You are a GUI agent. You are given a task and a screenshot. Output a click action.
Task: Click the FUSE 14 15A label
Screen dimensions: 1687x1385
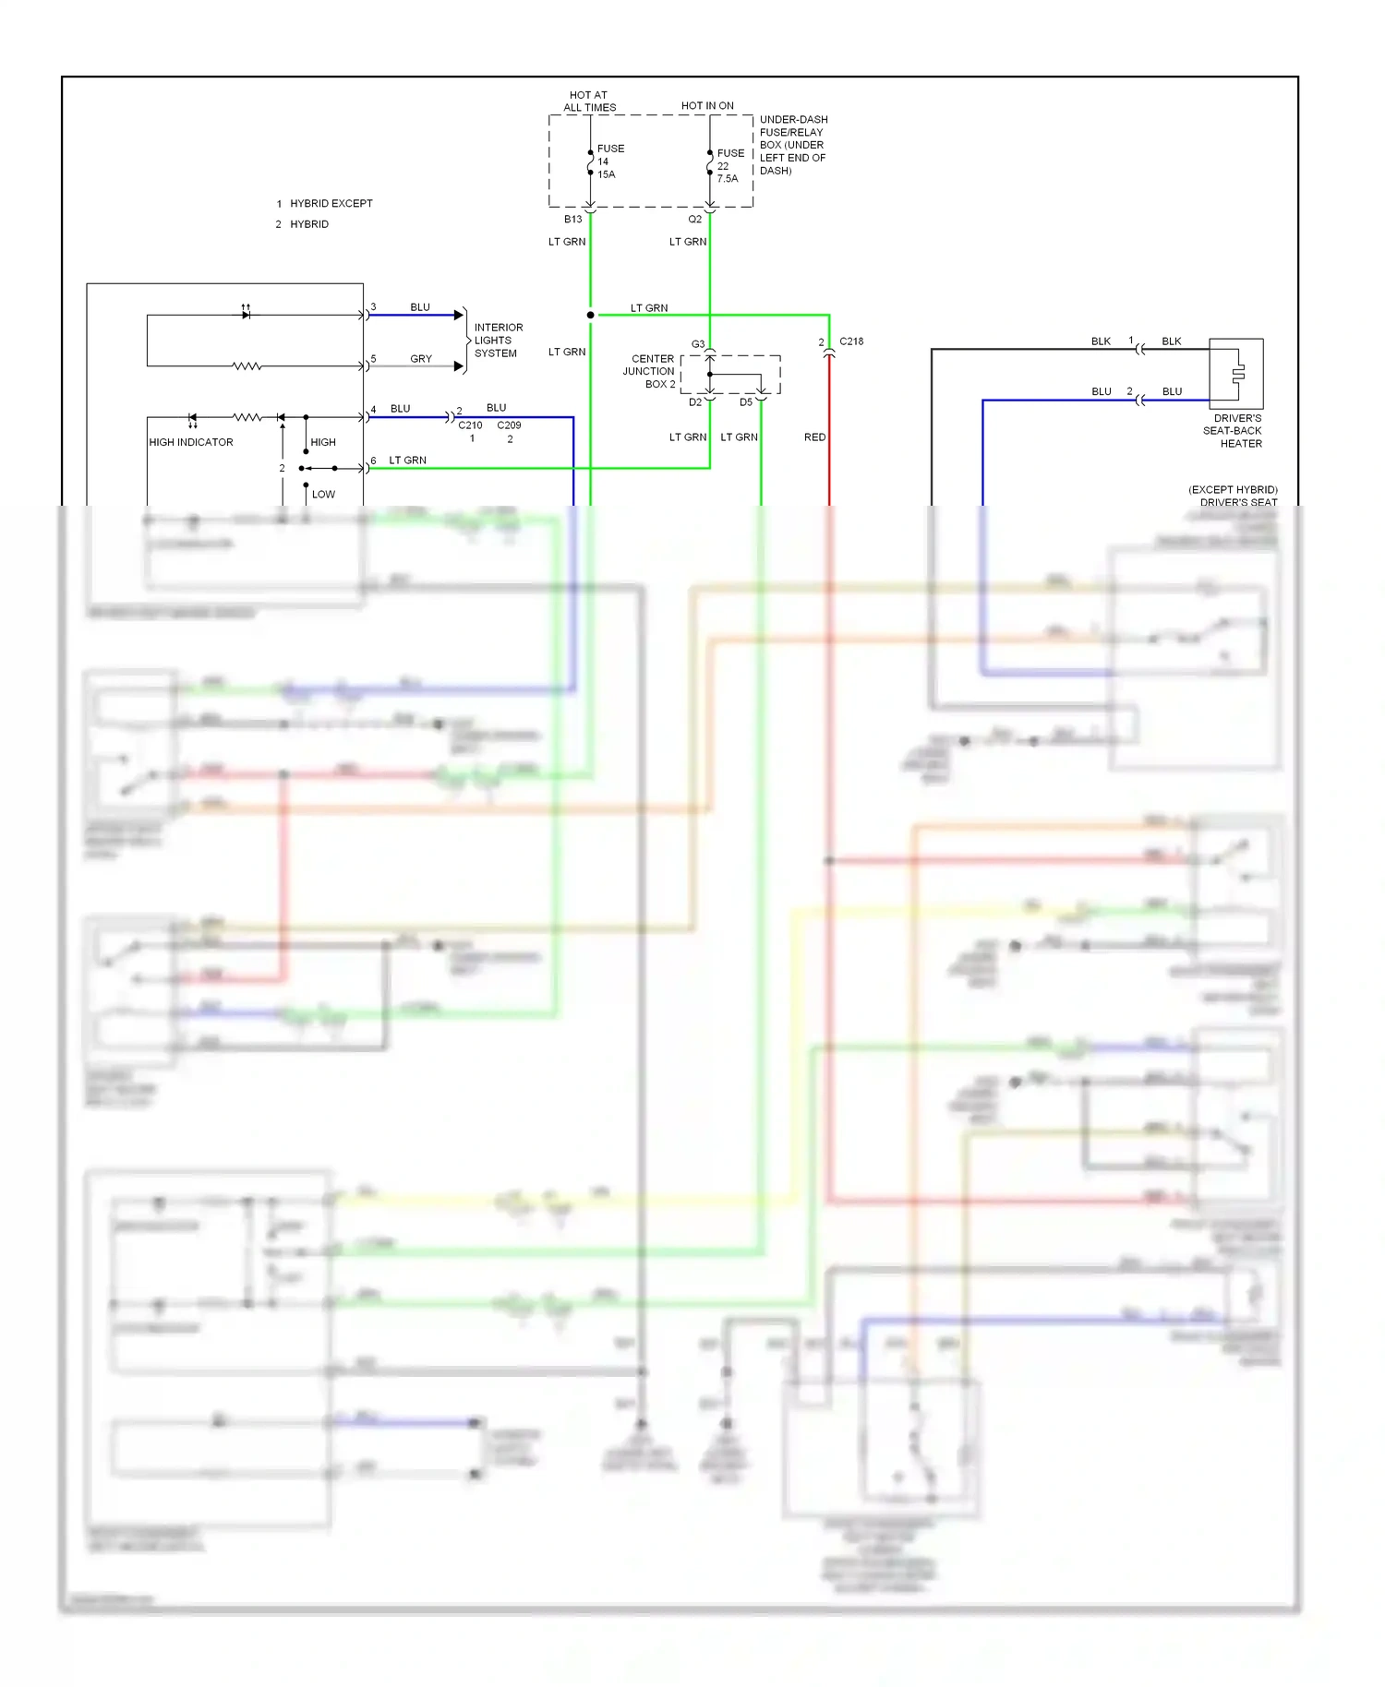pos(609,162)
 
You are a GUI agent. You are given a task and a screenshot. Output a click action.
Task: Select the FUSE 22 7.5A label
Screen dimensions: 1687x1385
pos(729,166)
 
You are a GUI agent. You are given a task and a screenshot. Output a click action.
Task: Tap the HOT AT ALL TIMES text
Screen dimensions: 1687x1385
pos(589,102)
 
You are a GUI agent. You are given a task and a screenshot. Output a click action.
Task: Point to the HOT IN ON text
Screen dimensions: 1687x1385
pos(707,106)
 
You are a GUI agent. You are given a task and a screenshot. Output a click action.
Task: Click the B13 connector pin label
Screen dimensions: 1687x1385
pos(572,220)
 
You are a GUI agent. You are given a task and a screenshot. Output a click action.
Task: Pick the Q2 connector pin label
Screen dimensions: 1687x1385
pos(694,220)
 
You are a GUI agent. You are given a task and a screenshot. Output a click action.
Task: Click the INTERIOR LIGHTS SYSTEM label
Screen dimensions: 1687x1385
pos(498,341)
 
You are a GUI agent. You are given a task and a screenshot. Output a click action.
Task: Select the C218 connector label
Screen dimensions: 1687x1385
pos(851,341)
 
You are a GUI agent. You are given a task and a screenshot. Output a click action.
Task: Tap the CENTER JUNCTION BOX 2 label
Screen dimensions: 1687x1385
pos(650,371)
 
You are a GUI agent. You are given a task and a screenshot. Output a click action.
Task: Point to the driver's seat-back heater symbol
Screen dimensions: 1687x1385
pos(1236,374)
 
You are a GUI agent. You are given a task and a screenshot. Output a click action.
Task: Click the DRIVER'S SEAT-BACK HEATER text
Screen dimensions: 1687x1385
pos(1234,431)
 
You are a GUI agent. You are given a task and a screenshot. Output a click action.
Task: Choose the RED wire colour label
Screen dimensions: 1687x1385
pos(814,437)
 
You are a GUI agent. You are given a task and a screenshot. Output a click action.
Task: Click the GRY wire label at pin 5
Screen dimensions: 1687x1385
pos(421,359)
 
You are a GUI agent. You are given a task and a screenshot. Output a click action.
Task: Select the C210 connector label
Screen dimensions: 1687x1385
pos(470,425)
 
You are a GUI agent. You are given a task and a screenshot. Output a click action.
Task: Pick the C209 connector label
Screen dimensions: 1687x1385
pos(509,425)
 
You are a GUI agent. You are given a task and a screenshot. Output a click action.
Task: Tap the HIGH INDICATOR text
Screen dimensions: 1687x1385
pos(191,443)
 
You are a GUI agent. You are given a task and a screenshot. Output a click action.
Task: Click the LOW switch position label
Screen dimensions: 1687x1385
pos(323,495)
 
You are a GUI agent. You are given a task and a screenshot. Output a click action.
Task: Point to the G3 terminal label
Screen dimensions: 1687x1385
pos(698,344)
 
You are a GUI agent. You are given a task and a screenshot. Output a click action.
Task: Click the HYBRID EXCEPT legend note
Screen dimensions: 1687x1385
pos(331,204)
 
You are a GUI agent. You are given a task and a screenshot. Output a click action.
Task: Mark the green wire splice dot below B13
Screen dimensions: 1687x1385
pos(590,315)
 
